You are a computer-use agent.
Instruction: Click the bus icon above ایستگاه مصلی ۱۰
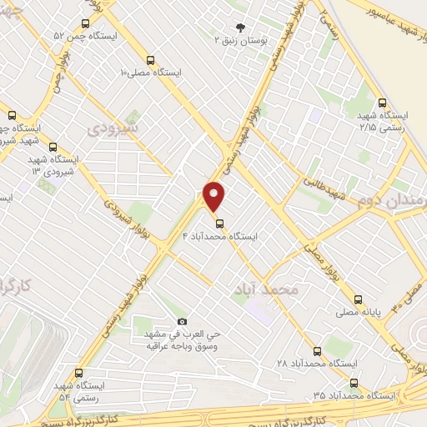click(x=150, y=59)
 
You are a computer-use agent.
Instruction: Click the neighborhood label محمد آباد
click(x=273, y=289)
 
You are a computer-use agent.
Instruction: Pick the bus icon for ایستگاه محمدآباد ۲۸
click(x=317, y=351)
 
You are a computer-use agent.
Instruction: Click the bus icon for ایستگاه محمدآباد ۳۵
click(x=354, y=383)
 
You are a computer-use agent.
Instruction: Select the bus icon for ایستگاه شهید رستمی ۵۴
click(x=79, y=373)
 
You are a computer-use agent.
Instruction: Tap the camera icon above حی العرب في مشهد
click(x=183, y=322)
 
